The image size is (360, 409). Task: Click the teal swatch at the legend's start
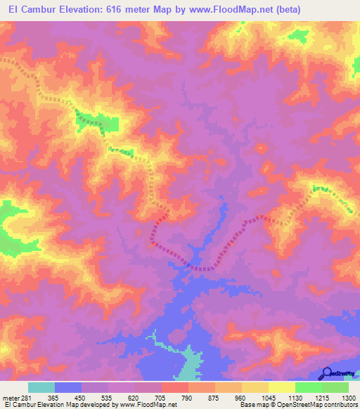pyautogui.click(x=41, y=387)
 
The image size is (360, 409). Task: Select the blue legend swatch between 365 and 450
pyautogui.click(x=68, y=387)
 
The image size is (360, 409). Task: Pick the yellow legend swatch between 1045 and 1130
pyautogui.click(x=282, y=387)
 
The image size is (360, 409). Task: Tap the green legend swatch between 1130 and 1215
pyautogui.click(x=309, y=387)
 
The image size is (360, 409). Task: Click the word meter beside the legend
pyautogui.click(x=11, y=397)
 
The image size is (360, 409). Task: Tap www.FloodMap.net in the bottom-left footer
pyautogui.click(x=150, y=405)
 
